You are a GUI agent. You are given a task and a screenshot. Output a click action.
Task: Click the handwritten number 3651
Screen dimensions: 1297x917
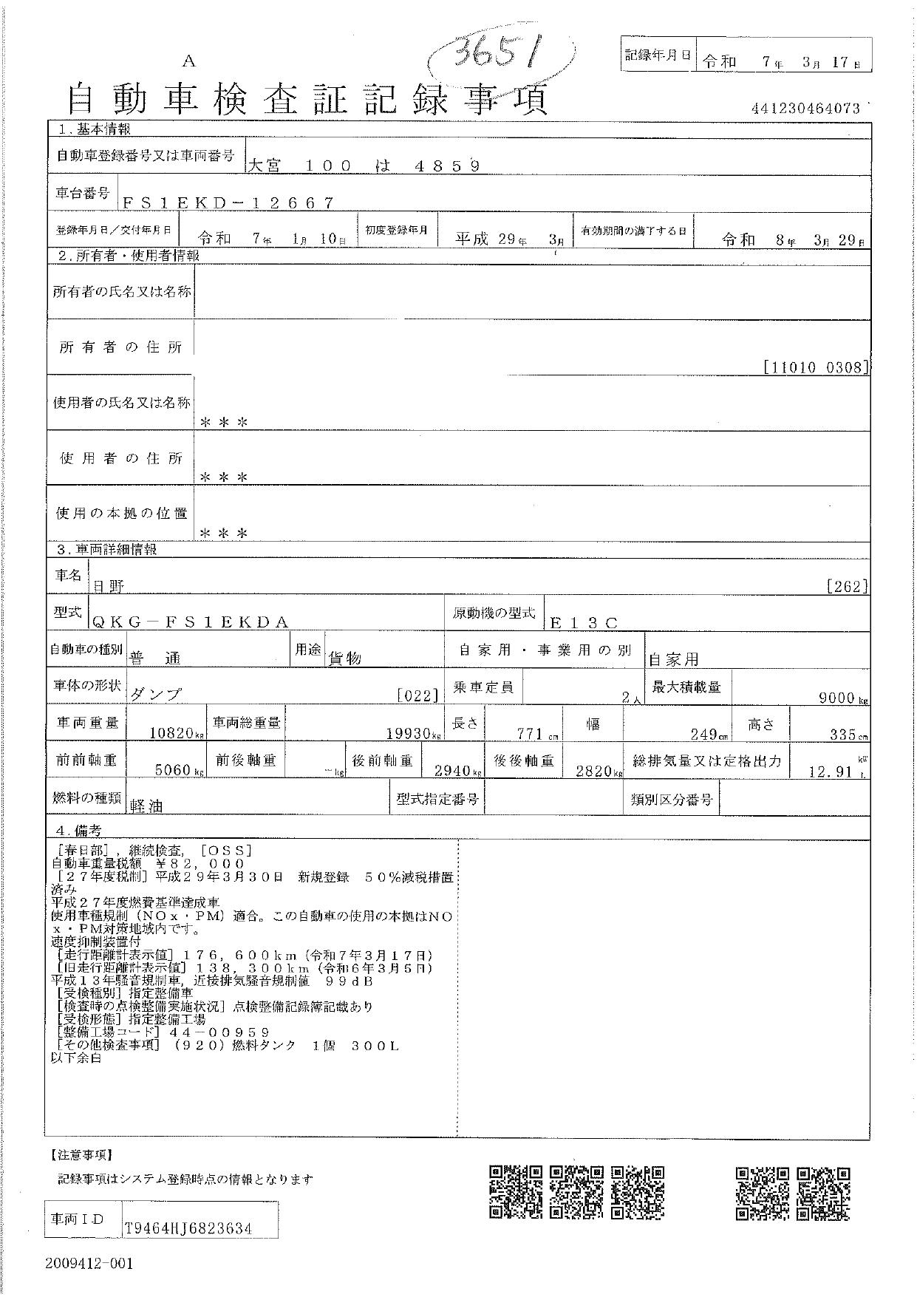pos(498,55)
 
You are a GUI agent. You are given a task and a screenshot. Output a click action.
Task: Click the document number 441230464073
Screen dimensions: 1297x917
pos(806,109)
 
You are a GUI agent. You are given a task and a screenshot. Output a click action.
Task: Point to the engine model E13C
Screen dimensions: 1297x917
pos(589,623)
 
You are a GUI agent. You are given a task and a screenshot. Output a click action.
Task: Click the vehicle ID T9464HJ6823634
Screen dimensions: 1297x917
pos(188,1228)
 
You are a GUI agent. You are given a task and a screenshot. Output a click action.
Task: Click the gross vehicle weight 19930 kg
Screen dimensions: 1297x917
pos(413,733)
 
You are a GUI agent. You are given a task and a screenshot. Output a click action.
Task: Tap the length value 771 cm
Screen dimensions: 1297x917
pos(531,734)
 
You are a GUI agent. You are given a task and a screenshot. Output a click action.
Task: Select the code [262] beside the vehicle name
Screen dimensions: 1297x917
pos(847,586)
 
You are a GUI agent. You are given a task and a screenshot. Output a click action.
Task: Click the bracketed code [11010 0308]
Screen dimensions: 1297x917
pos(816,367)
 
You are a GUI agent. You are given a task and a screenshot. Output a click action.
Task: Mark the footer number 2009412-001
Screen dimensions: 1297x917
pos(89,1263)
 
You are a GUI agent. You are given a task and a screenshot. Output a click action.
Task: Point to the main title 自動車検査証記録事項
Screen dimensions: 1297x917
pos(307,98)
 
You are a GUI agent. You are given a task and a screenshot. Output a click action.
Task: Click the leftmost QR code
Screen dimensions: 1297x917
pos(516,1192)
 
